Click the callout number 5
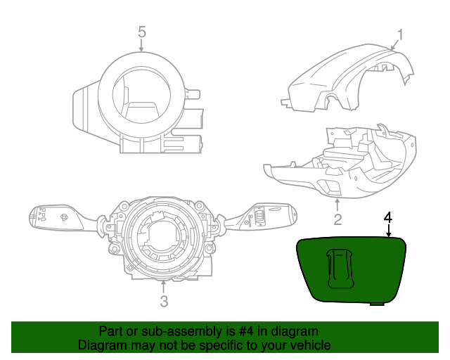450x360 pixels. click(142, 32)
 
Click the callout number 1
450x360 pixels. click(401, 34)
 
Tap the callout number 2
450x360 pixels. click(337, 220)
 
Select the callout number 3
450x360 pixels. click(164, 302)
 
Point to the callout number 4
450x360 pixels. click(388, 217)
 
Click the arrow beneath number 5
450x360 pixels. click(142, 46)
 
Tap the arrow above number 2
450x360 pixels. click(337, 205)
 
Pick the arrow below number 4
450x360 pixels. click(388, 231)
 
